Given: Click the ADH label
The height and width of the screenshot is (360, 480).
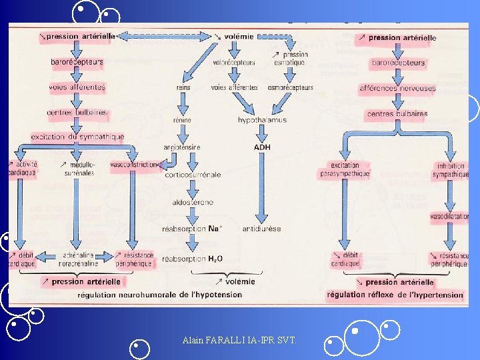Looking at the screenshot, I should tap(262, 147).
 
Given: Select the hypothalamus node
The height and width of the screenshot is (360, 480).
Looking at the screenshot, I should tap(262, 120).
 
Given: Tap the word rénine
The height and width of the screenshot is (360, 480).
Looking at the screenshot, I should tap(182, 121).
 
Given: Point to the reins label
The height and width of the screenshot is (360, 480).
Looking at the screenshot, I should tap(183, 87).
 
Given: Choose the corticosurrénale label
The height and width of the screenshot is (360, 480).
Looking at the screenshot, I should tap(193, 175).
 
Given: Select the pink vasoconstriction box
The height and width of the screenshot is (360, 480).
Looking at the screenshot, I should tap(135, 164).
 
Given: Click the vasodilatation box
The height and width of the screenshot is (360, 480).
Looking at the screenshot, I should tap(449, 217).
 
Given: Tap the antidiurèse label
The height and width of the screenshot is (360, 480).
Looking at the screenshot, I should tap(262, 229).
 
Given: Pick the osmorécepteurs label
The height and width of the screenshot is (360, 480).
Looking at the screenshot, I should tap(290, 87).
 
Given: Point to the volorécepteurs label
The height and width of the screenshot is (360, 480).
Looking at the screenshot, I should tap(233, 63).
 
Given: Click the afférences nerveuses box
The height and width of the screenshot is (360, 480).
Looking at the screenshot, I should tap(397, 87).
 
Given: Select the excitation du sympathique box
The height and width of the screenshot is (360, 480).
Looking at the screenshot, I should tap(77, 137).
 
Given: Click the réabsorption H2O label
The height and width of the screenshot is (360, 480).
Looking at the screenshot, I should tap(192, 259).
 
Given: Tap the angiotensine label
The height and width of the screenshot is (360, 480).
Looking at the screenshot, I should tap(182, 147).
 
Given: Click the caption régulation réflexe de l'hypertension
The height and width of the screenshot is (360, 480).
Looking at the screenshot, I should tap(395, 295).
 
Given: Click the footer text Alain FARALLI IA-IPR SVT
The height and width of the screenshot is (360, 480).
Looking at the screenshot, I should tap(239, 341).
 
